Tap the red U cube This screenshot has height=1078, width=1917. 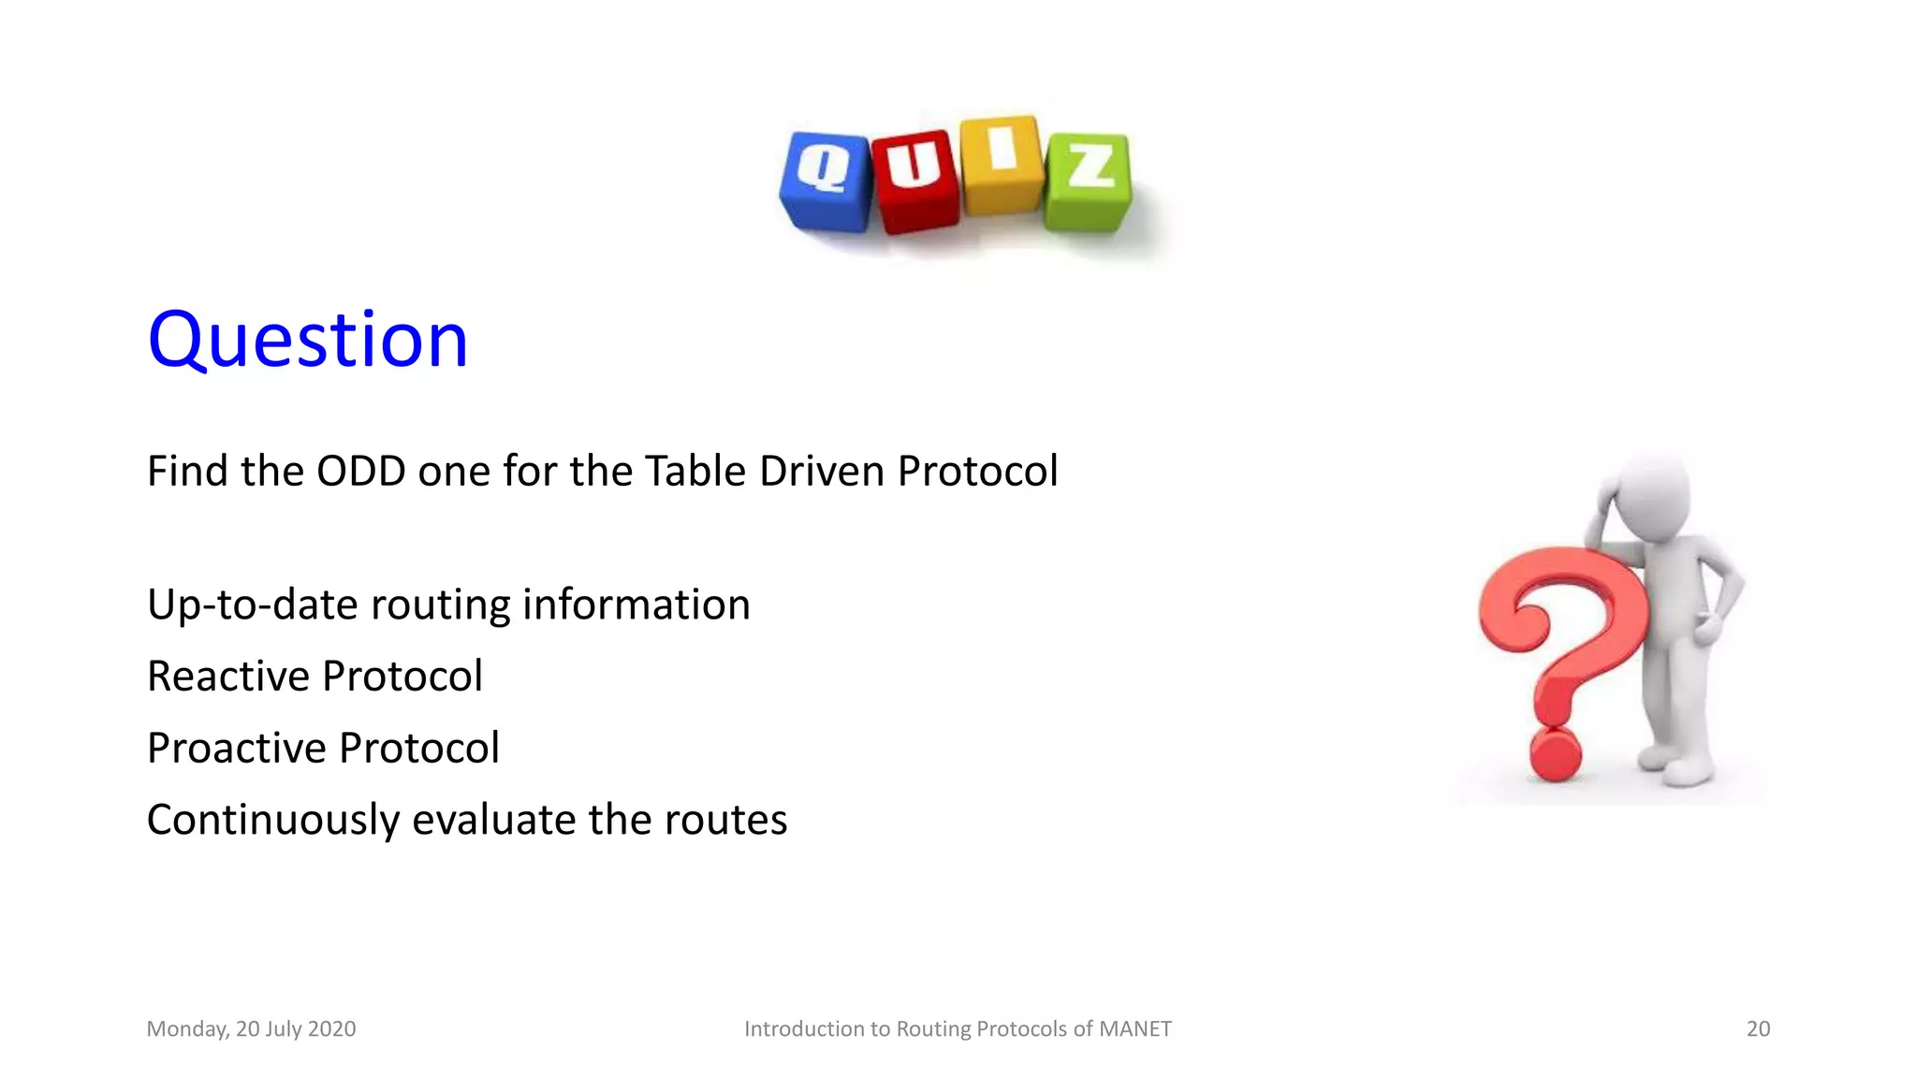pos(915,181)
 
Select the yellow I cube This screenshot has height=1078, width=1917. pos(1002,165)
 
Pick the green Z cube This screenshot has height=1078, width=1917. pos(1088,181)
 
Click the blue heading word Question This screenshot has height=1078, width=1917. pos(307,340)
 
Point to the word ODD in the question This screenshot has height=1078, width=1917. pos(360,471)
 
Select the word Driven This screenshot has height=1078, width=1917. pos(822,471)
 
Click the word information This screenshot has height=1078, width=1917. pos(637,605)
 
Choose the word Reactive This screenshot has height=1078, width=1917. pos(227,676)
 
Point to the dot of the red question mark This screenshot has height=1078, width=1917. pos(1555,754)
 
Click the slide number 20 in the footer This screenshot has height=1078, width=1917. pos(1758,1028)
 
